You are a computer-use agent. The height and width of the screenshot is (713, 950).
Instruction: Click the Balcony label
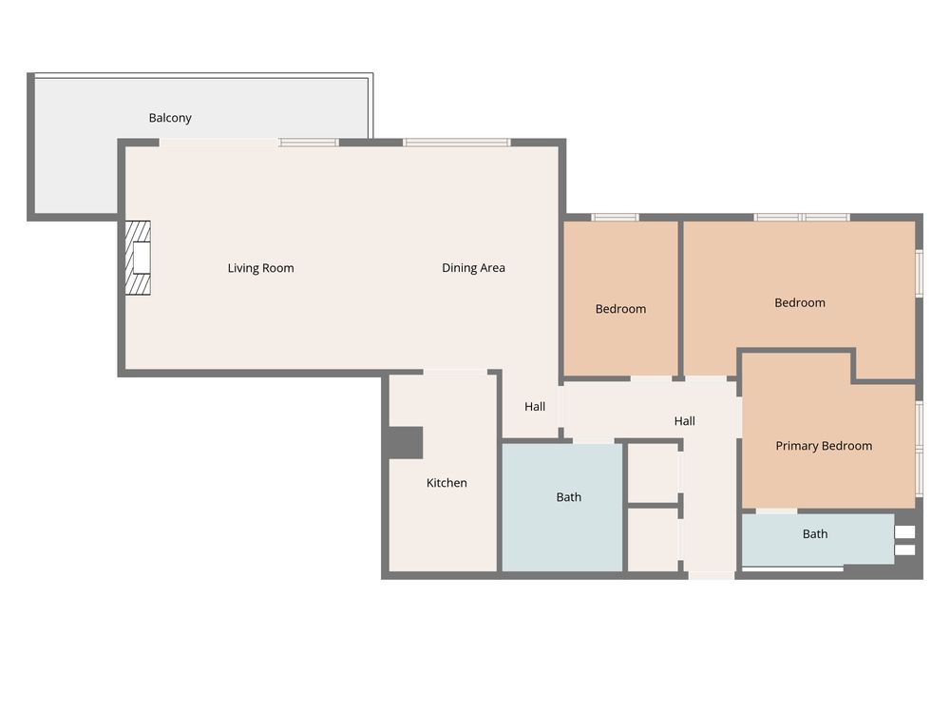click(170, 118)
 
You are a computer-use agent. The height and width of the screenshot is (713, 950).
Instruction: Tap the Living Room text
click(260, 268)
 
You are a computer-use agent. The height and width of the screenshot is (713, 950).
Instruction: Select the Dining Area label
click(473, 267)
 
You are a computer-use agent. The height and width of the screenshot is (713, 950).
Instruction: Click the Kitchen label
click(446, 483)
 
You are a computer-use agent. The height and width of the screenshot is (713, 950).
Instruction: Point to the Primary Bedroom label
click(824, 446)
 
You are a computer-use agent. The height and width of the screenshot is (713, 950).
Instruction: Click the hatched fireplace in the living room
click(138, 258)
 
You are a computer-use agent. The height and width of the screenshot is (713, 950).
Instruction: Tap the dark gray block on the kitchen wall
click(405, 443)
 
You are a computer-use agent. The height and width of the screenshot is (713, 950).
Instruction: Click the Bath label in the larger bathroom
click(569, 497)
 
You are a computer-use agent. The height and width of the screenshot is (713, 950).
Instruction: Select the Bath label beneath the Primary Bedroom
click(815, 533)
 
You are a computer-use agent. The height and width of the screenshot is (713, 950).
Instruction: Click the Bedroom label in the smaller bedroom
click(620, 309)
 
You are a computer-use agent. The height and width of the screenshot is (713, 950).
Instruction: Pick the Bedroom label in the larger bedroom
click(800, 302)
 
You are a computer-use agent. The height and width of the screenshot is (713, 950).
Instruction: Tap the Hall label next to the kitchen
click(535, 407)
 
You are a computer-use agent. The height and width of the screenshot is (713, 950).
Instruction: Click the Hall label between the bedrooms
click(685, 421)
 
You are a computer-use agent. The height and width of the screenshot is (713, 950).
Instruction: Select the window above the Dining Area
click(457, 143)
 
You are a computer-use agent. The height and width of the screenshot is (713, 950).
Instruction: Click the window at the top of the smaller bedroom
click(615, 217)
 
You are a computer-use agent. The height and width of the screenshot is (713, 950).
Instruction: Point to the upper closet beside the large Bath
click(654, 472)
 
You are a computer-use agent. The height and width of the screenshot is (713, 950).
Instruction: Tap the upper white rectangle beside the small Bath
click(904, 531)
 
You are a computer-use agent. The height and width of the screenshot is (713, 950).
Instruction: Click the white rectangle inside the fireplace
click(142, 258)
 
